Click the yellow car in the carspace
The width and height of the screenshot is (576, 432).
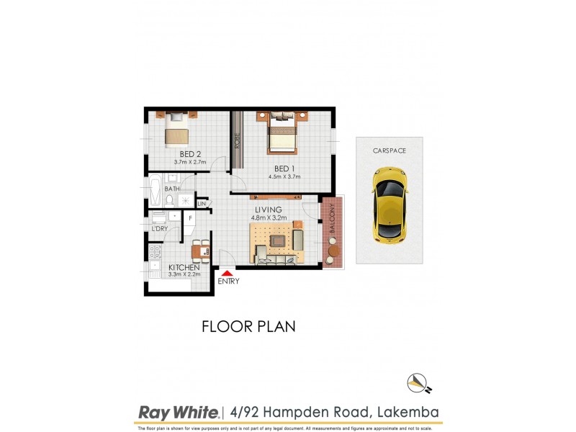(389, 205)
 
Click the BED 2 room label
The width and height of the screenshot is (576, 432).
(189, 153)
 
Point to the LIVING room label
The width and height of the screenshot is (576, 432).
(266, 210)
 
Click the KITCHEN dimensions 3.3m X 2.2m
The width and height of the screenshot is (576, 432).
(183, 274)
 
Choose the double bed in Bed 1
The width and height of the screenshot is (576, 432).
(282, 134)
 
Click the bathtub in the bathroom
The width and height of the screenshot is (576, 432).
(155, 194)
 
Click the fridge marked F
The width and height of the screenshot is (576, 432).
(190, 217)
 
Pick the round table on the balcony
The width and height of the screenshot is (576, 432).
(333, 252)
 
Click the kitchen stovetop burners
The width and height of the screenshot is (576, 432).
(154, 252)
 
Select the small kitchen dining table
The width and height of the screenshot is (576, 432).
(201, 251)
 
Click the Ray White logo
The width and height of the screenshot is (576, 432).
(178, 413)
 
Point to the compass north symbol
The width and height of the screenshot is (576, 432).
(418, 382)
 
